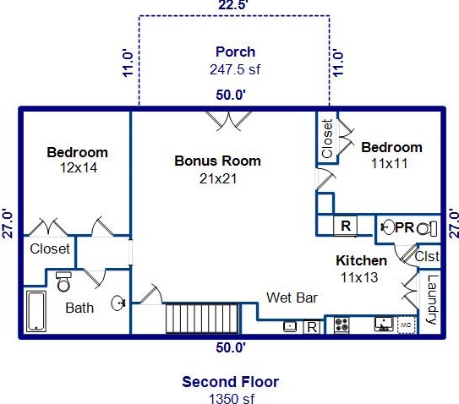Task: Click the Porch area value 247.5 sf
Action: [x=235, y=69]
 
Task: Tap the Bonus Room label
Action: [x=217, y=161]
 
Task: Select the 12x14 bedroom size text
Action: [x=79, y=167]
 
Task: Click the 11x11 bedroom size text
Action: [x=389, y=163]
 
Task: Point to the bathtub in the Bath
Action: [x=36, y=311]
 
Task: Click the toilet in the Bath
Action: [x=63, y=281]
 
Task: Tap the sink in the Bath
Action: [x=118, y=303]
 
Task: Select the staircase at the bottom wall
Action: [x=202, y=319]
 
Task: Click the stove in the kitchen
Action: [x=342, y=325]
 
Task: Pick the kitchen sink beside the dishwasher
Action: [x=384, y=325]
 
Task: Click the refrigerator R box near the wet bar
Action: [x=312, y=327]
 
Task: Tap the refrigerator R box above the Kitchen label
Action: [x=346, y=226]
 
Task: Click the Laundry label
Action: [x=431, y=300]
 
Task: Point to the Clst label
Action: [x=427, y=256]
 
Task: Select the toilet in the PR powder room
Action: [x=427, y=228]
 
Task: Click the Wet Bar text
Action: [x=292, y=298]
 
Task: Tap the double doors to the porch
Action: [x=228, y=121]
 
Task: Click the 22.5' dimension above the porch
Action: [x=233, y=5]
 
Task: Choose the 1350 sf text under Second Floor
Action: [x=232, y=398]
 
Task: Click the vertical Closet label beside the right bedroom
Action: [x=327, y=139]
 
